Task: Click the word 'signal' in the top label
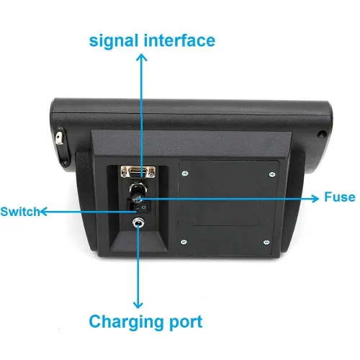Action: click(x=114, y=41)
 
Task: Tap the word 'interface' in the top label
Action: click(x=179, y=40)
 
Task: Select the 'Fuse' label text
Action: click(x=340, y=197)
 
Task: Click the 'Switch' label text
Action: click(x=20, y=212)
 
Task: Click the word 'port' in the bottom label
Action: click(x=186, y=323)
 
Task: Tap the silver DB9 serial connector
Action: click(x=138, y=172)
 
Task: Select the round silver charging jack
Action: click(x=138, y=223)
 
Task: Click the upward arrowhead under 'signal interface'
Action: click(x=142, y=57)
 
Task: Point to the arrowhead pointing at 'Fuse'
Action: click(x=315, y=198)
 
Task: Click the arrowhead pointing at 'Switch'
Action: click(x=43, y=212)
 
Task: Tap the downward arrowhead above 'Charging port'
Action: click(x=138, y=305)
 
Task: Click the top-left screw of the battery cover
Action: click(x=185, y=174)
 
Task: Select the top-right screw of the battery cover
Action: click(x=272, y=174)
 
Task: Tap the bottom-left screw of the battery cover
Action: click(x=184, y=242)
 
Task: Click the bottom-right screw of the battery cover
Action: click(x=266, y=243)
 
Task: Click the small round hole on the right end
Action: click(x=322, y=134)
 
